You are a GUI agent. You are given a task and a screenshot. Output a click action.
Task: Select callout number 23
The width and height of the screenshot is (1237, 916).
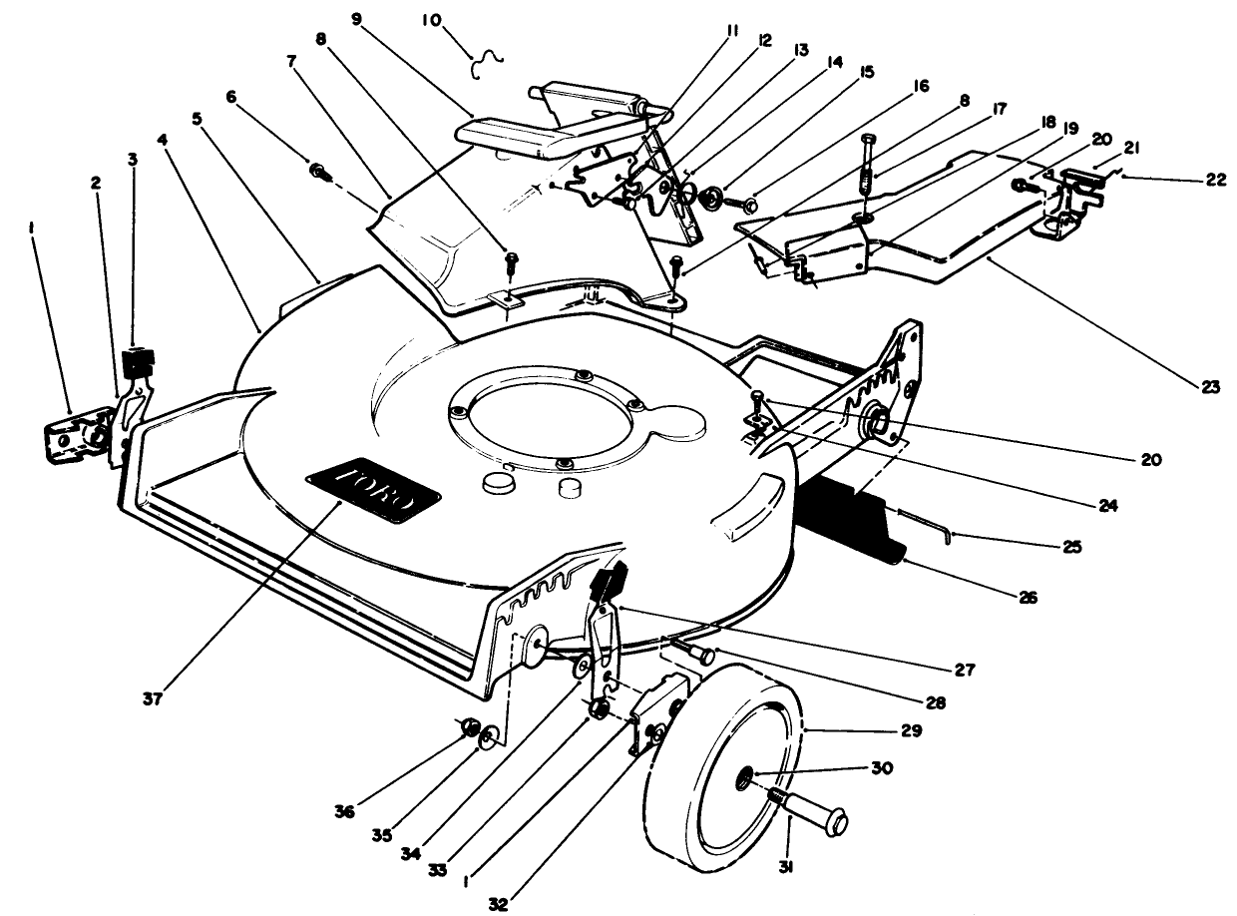click(1210, 387)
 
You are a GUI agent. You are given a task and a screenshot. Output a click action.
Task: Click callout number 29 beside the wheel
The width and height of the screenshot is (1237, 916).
click(910, 731)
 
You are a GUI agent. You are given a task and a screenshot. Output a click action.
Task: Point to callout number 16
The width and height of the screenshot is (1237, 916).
click(919, 88)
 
